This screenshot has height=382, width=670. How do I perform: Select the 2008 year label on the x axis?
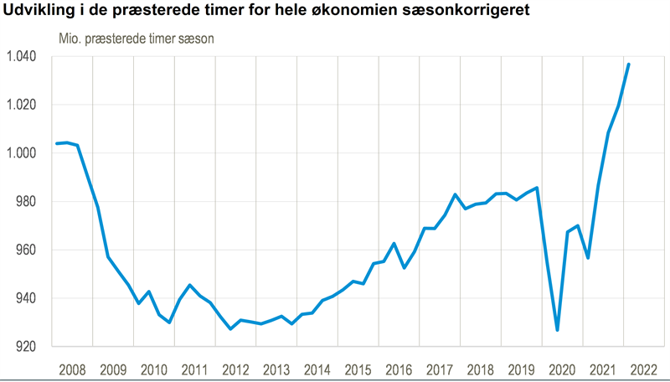tap(72, 369)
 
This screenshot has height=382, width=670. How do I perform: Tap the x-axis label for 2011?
tap(194, 369)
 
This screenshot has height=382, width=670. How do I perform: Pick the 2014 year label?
tap(317, 369)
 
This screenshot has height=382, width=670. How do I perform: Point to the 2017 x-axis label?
tap(439, 369)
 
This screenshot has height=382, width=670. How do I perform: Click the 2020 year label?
tap(561, 369)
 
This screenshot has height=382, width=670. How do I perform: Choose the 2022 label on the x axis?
tap(642, 369)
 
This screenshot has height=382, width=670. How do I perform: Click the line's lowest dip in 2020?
tap(557, 330)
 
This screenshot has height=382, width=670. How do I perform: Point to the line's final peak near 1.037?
tap(629, 65)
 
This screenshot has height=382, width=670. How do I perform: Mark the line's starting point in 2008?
tap(57, 143)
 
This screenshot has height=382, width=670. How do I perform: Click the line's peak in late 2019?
tap(537, 188)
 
